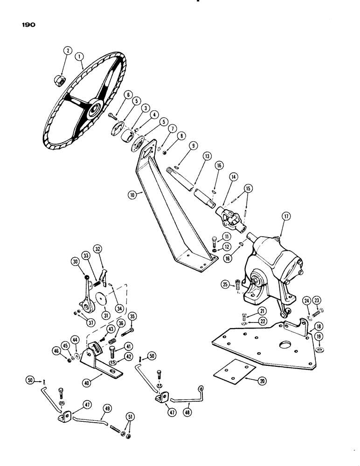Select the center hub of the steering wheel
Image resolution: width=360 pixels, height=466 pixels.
click(97, 108)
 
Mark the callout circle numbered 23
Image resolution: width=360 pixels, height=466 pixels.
click(318, 301)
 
